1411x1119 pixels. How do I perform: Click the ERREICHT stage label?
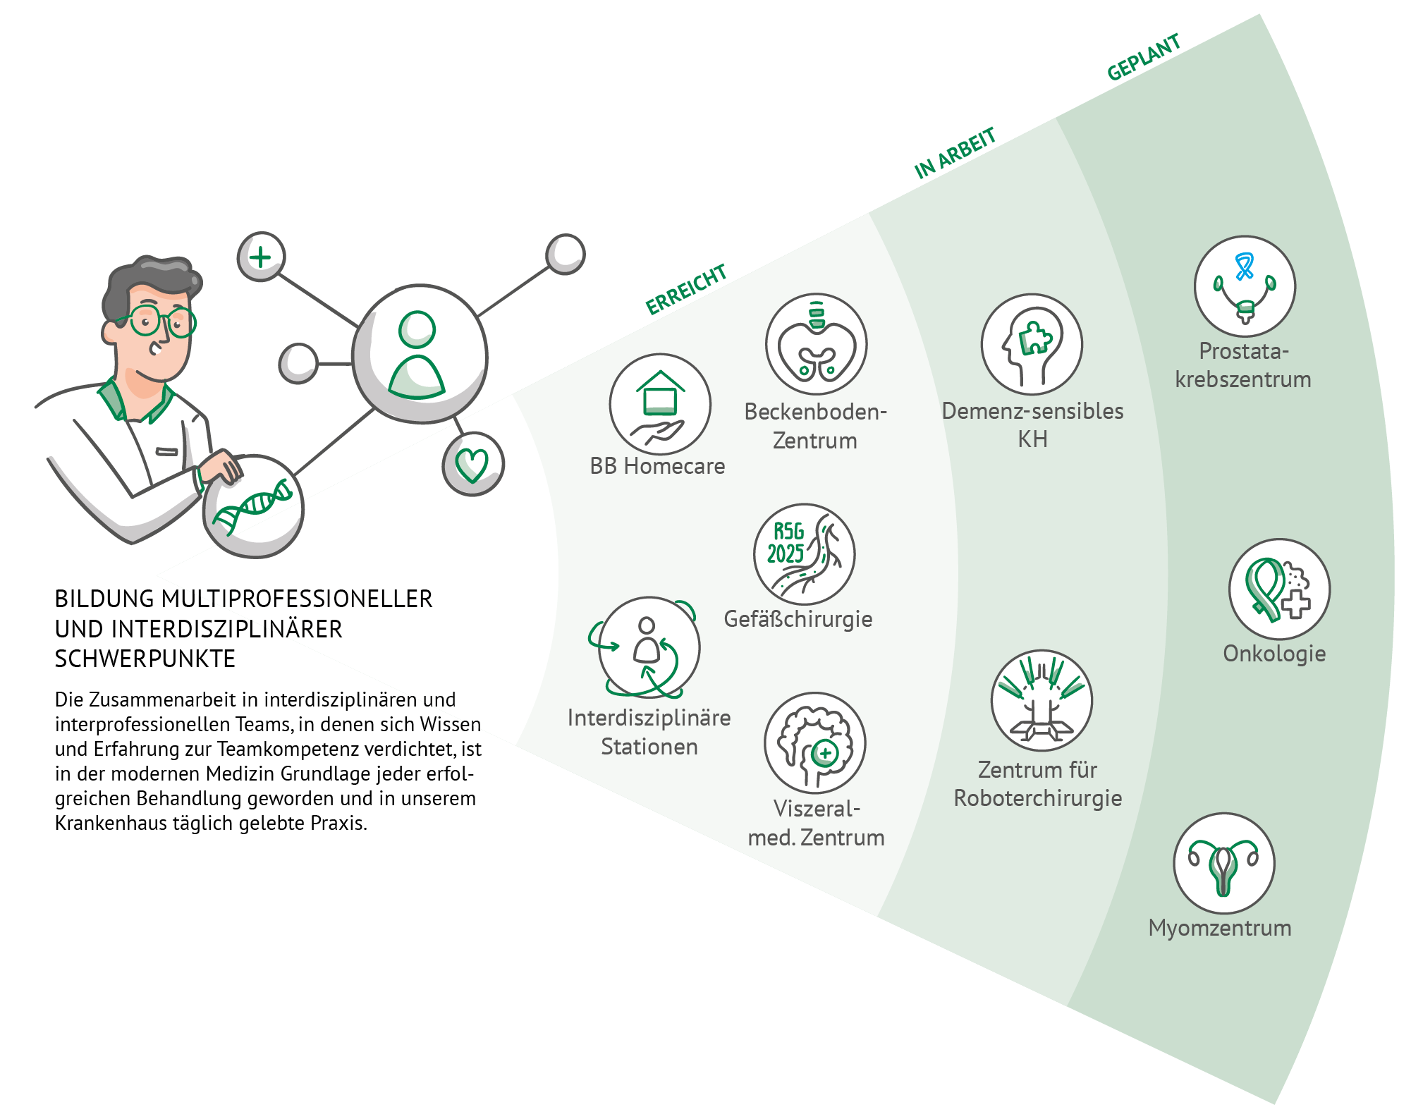685,289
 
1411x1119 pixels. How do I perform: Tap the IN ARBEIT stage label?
955,153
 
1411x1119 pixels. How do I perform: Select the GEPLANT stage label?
1143,58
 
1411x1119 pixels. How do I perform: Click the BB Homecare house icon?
660,405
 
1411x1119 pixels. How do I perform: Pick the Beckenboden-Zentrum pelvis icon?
816,345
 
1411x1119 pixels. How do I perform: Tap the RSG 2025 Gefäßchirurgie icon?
804,554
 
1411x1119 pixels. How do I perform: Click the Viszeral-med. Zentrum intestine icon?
814,743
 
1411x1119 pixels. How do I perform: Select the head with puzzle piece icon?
1031,345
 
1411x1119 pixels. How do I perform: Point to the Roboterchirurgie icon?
1041,701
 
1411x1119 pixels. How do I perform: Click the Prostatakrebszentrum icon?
1245,287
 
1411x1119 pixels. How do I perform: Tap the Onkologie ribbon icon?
1279,589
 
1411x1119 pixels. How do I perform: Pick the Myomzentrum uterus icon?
1223,864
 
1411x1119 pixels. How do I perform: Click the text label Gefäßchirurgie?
798,619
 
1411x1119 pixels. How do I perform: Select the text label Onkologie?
1274,654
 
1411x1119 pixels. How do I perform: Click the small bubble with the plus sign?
261,257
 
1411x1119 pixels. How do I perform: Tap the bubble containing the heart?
472,464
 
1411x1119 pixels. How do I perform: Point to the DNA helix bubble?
254,506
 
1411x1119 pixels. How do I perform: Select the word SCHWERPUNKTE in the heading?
145,659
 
